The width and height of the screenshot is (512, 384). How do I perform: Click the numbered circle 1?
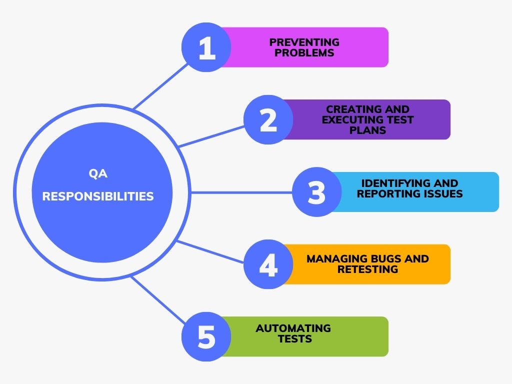tap(206, 47)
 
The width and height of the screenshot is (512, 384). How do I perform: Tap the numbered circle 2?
tap(268, 120)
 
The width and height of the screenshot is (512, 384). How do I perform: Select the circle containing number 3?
tap(316, 192)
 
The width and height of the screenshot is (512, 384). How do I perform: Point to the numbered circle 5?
tap(206, 336)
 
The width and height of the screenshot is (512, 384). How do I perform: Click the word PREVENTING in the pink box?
tap(304, 42)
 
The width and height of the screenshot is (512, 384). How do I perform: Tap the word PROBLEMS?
tap(304, 52)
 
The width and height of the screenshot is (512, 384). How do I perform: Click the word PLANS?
tap(367, 130)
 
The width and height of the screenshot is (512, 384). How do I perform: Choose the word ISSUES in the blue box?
tap(442, 193)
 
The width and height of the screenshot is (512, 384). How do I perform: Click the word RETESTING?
tap(367, 269)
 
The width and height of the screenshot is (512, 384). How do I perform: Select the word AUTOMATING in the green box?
tap(293, 328)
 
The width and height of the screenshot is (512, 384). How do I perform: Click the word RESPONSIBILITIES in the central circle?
tap(98, 196)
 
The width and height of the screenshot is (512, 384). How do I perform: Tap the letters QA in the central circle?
tap(98, 174)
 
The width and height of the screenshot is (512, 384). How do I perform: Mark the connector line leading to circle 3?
tap(240, 192)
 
